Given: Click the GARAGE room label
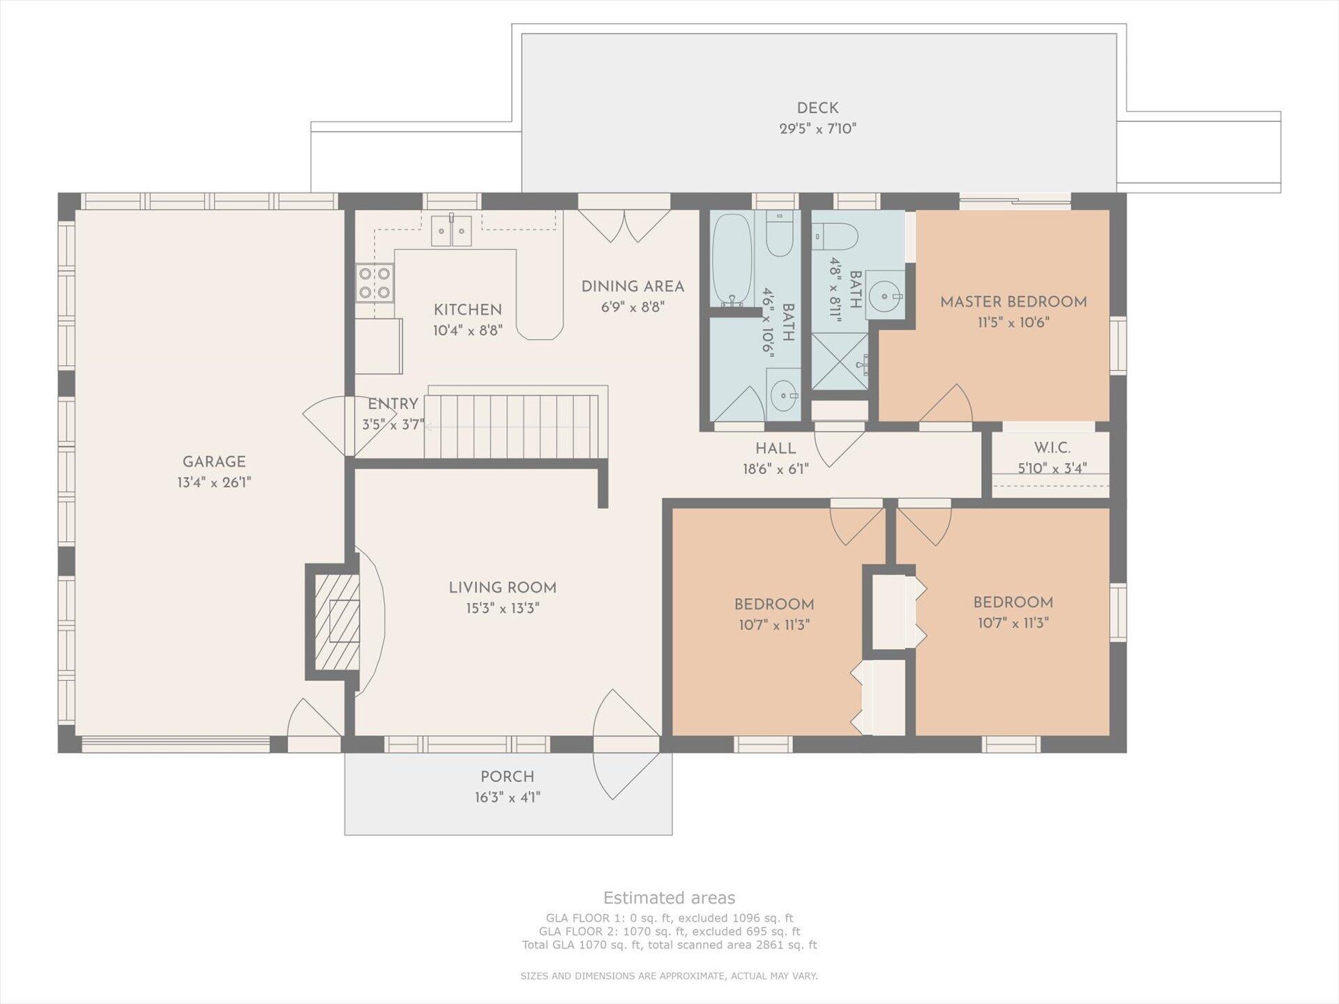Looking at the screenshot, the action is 214,462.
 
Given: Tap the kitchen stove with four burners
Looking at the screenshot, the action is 375,282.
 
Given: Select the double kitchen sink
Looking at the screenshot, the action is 451,231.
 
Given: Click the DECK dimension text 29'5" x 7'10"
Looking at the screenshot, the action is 817,128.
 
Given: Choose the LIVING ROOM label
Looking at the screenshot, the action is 502,588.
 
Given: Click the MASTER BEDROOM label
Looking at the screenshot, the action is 1013,302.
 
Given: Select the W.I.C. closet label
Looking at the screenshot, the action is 1052,448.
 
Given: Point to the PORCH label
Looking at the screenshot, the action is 507,777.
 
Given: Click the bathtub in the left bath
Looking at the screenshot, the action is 731,259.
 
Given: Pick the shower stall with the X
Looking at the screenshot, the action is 840,361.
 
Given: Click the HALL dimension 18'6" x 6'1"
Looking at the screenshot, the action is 776,469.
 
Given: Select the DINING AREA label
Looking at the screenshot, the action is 633,287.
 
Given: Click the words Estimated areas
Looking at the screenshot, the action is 669,898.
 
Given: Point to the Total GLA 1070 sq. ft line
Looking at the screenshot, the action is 669,945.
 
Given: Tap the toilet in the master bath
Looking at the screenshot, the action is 835,236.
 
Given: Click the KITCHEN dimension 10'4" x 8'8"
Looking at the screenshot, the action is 467,330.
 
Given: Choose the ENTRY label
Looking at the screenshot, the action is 393,404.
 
